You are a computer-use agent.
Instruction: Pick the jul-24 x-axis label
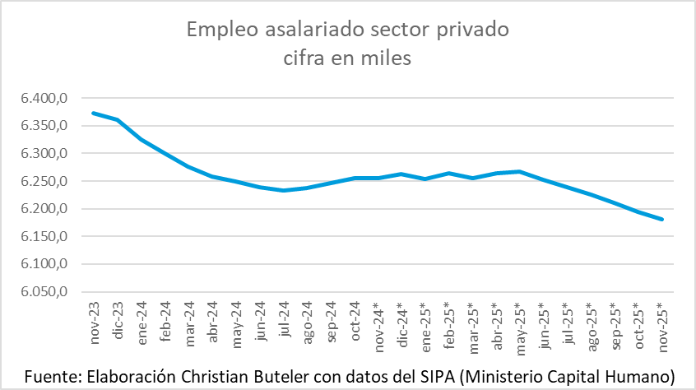pos(283,319)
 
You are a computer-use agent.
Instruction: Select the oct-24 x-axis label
pos(355,319)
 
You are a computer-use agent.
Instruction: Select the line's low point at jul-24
pos(283,190)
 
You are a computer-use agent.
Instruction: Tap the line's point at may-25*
pos(520,171)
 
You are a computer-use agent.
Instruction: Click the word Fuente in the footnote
pos(53,375)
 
